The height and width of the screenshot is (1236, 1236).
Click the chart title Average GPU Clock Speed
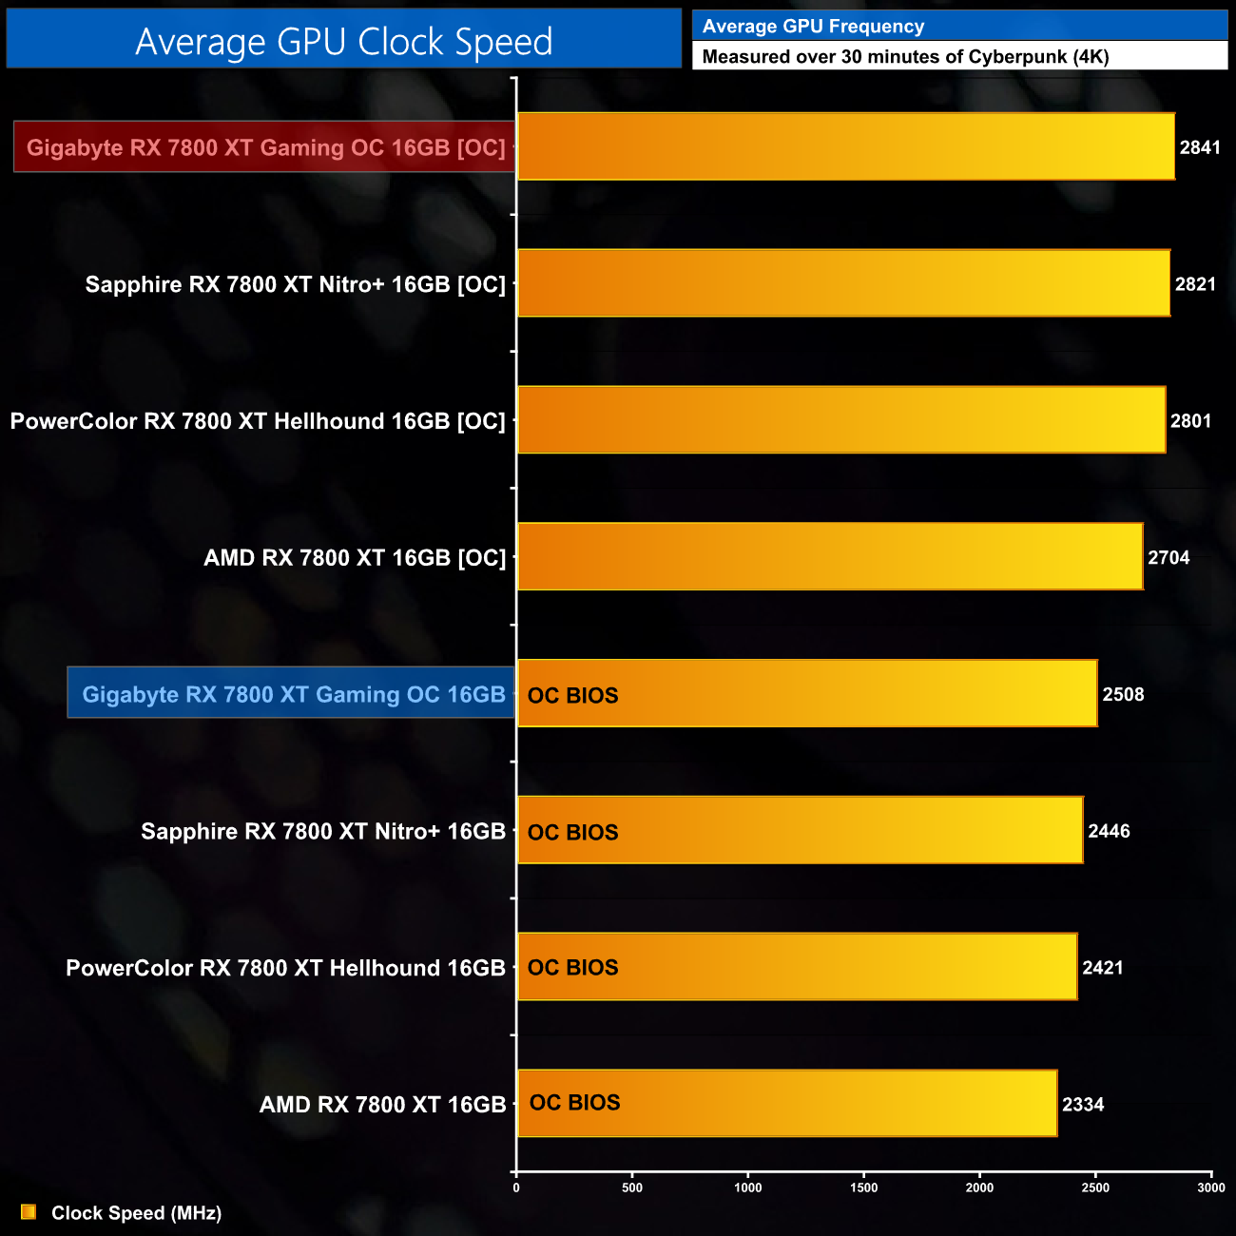(x=343, y=41)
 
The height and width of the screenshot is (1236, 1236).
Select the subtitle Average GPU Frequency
(x=813, y=27)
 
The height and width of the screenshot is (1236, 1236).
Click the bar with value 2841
(x=845, y=146)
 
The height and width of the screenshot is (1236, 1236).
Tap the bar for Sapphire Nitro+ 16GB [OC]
(x=843, y=283)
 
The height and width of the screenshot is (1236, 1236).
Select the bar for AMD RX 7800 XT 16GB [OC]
(x=829, y=557)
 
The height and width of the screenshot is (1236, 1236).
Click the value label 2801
(x=1190, y=420)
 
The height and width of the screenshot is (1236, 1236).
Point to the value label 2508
(x=1123, y=694)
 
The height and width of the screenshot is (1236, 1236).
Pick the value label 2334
(x=1083, y=1104)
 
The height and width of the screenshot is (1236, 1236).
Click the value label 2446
(x=1109, y=831)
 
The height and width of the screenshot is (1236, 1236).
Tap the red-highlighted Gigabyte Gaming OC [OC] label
(x=265, y=147)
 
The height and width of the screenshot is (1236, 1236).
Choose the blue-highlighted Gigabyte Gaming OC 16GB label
(x=293, y=694)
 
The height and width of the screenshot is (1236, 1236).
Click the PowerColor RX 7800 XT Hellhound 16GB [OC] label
(x=258, y=420)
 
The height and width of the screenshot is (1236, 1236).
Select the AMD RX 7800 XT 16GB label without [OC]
(x=382, y=1104)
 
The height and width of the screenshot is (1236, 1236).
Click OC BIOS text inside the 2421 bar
(x=572, y=967)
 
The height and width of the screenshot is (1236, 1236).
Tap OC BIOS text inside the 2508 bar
(x=572, y=695)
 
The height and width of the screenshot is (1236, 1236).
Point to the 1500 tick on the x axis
(x=863, y=1188)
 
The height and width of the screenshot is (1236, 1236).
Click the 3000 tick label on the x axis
(x=1210, y=1188)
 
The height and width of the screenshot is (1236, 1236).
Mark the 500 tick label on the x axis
(x=632, y=1188)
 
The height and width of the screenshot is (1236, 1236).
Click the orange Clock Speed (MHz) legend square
(x=29, y=1212)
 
